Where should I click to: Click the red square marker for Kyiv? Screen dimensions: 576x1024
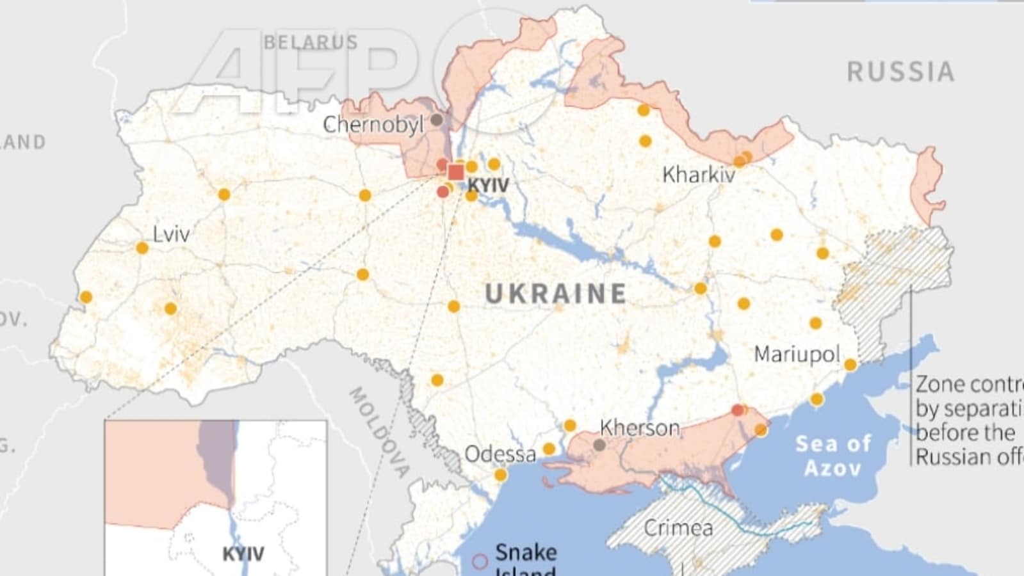click(x=456, y=172)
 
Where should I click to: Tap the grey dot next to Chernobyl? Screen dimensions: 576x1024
click(x=437, y=120)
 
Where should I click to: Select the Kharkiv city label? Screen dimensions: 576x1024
click(x=698, y=174)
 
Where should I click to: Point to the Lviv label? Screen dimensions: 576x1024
click(x=171, y=234)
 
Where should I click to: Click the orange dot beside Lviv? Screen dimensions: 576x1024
click(x=142, y=248)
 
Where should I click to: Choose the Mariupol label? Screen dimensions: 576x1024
click(x=796, y=354)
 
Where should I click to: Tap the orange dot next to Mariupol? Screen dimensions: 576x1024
click(x=850, y=365)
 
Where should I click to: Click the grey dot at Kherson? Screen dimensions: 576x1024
click(x=599, y=445)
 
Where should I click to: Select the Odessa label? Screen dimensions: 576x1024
click(x=500, y=454)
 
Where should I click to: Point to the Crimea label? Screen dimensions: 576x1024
click(x=678, y=528)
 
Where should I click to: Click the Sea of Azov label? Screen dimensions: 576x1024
click(x=833, y=455)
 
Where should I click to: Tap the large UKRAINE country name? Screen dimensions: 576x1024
click(x=555, y=294)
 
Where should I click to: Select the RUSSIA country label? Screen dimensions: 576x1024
click(x=900, y=72)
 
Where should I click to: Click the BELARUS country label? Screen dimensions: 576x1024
click(x=311, y=42)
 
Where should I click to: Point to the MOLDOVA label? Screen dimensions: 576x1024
click(x=378, y=432)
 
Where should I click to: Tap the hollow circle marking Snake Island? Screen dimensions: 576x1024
click(x=480, y=562)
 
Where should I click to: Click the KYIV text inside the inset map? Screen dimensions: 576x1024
click(x=243, y=554)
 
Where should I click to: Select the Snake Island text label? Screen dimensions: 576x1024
click(x=526, y=560)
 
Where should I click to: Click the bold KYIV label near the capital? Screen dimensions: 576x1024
click(x=488, y=186)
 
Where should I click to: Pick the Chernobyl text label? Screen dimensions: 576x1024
click(x=373, y=124)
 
